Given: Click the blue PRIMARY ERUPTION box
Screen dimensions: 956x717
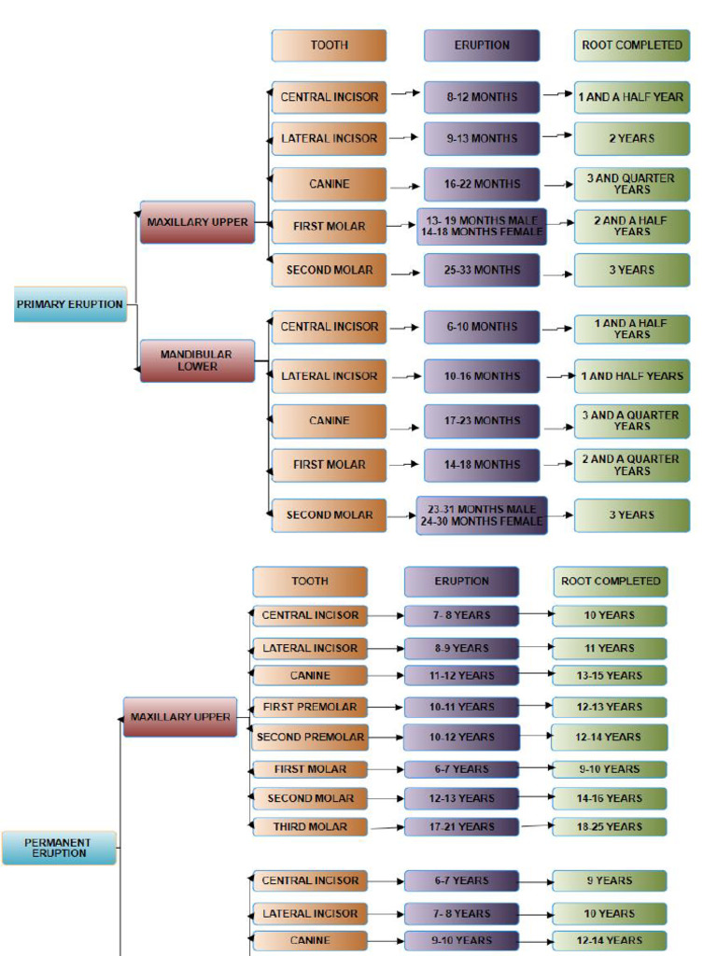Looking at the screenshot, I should coord(70,304).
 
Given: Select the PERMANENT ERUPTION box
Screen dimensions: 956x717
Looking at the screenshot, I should coord(59,848).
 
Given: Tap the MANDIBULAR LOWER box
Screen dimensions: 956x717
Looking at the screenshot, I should coord(197,361).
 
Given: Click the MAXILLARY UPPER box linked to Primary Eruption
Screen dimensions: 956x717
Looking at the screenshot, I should coord(197,222).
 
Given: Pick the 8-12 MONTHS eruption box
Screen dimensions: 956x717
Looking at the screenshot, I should coord(482,97).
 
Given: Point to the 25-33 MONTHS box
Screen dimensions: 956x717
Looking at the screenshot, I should coord(482,271).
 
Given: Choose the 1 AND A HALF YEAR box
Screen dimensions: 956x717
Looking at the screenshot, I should coord(632,97).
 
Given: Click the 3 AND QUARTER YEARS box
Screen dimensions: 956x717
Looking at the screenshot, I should coord(632,184).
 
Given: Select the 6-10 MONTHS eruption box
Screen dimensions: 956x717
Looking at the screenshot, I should coord(482,328).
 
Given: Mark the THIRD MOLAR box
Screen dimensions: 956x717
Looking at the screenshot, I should coord(310,827).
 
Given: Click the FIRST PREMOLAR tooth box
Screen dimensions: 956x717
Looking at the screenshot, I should coord(310,707).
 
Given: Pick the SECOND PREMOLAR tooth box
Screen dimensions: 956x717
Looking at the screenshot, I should coord(310,738).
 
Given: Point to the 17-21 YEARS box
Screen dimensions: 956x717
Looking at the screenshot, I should coord(462,827).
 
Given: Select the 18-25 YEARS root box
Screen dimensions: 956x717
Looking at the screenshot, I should coord(609,827).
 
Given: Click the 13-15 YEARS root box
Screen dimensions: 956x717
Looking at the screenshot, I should coord(609,675).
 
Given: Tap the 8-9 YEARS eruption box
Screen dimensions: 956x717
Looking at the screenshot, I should coord(462,648).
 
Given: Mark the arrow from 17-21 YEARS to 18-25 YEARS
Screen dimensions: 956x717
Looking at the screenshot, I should coord(535,826).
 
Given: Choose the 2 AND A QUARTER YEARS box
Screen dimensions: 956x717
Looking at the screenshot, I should coord(632,465).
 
